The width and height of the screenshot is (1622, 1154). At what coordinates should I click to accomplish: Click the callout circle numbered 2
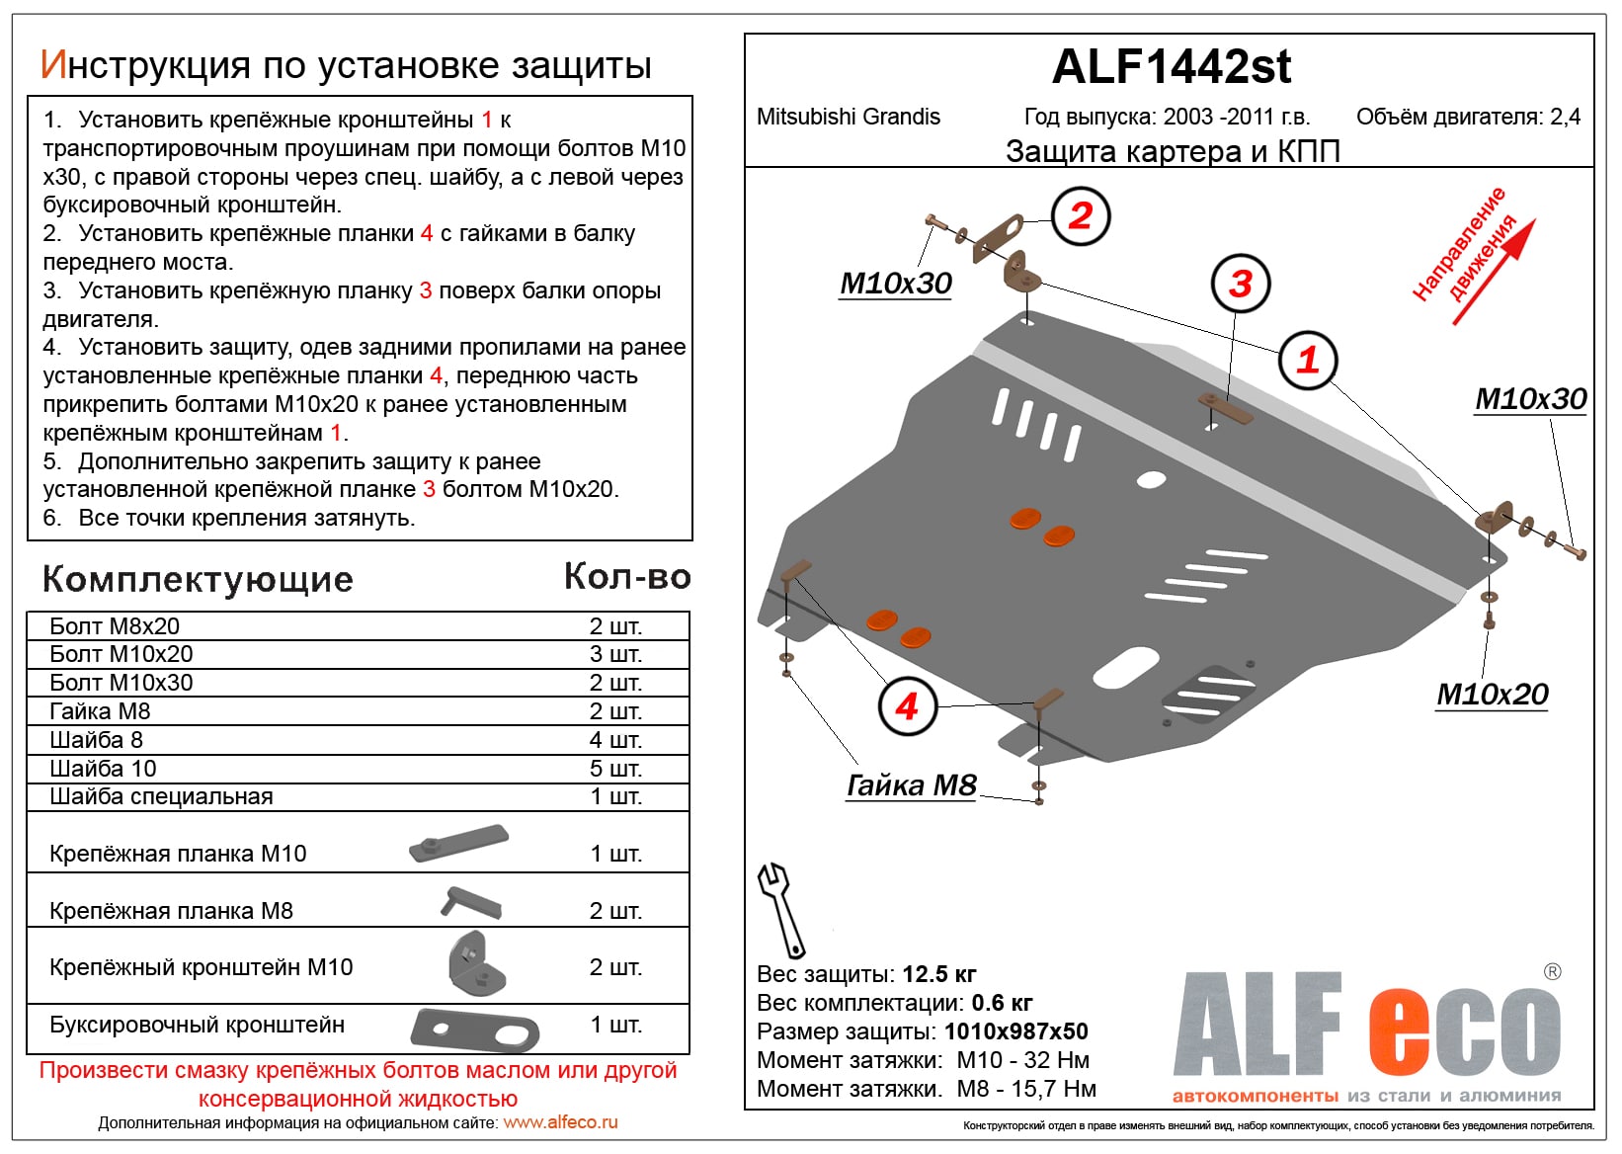[1081, 215]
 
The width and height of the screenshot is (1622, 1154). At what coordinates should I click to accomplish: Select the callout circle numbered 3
[1241, 285]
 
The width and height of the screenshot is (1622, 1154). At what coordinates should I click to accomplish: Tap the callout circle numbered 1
[1308, 360]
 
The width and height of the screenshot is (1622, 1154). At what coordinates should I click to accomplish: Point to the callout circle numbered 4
[907, 706]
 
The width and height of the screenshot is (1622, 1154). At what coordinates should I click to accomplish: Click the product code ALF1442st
[1171, 67]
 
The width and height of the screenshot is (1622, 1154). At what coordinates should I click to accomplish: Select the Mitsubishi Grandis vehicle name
[848, 117]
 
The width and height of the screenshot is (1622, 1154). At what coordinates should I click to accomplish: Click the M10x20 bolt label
[1492, 695]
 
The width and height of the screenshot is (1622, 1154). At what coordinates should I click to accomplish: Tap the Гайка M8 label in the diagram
[911, 784]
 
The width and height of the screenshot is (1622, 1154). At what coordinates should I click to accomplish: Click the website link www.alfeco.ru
[560, 1122]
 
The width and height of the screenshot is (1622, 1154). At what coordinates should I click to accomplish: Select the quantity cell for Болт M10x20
[615, 654]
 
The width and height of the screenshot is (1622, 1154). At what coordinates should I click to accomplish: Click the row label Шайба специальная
[161, 796]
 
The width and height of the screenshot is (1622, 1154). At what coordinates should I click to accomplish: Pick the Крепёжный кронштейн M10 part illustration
[477, 964]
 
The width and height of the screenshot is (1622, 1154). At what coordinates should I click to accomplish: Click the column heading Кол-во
[626, 577]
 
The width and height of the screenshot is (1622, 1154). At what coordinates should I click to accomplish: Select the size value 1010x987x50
[1015, 1031]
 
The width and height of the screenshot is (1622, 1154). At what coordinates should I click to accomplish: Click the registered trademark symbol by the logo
[1552, 972]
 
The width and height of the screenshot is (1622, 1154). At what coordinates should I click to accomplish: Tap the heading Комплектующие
[198, 579]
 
